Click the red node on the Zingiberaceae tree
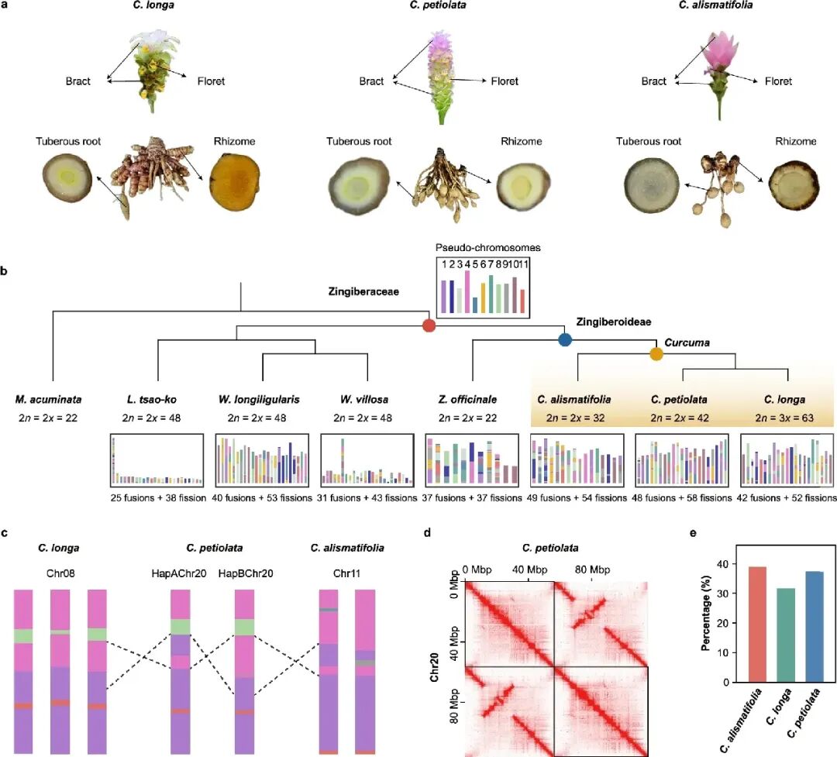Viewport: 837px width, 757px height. click(429, 325)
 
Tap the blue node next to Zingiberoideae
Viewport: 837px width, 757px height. click(565, 339)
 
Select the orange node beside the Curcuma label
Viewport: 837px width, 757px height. click(656, 353)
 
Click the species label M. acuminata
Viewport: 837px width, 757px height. click(49, 399)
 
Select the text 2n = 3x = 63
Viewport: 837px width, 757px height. click(784, 418)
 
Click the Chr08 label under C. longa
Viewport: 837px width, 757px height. click(60, 573)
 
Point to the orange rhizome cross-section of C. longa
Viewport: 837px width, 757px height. click(235, 181)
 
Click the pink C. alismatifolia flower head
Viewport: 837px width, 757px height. click(718, 52)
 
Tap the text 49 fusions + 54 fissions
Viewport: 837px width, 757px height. click(577, 497)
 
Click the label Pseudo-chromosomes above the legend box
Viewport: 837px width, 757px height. click(488, 248)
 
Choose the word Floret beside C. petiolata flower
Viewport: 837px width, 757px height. click(505, 81)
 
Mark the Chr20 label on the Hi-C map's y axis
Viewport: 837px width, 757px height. click(435, 667)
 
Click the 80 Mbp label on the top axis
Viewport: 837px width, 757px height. click(592, 569)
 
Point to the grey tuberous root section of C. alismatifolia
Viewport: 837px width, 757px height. click(652, 184)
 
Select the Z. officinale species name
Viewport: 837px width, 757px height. click(467, 399)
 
